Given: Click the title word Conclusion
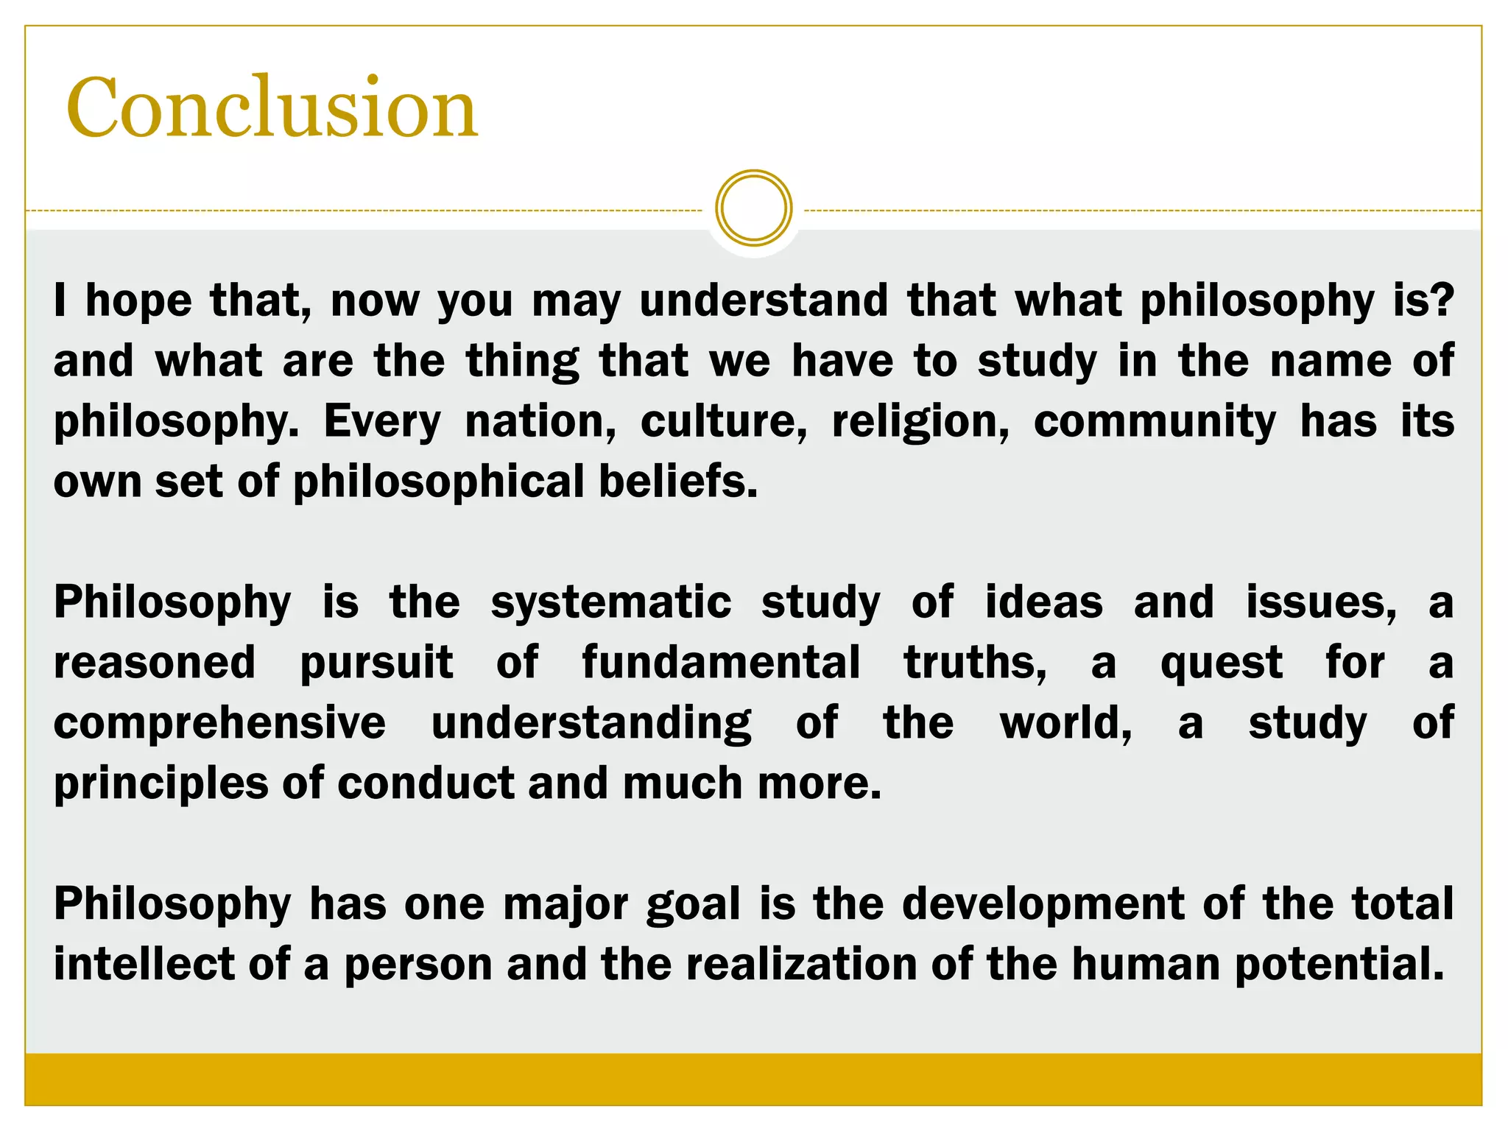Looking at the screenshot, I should (272, 109).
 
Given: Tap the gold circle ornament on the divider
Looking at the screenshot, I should (753, 208).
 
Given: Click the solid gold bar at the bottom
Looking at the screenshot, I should (753, 1079).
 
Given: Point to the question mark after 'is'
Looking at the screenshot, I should (1444, 300).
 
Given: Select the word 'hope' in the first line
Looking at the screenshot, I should (138, 301).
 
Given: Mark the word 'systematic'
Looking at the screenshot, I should (610, 603).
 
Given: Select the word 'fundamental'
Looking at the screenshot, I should (721, 662).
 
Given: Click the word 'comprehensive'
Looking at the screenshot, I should (219, 724).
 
